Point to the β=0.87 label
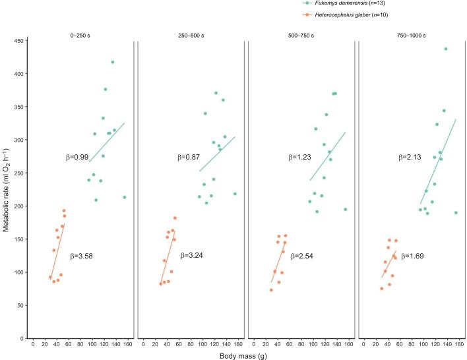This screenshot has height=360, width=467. pos(188,158)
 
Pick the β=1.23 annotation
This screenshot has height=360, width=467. pos(299,158)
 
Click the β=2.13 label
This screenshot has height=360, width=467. pos(410,158)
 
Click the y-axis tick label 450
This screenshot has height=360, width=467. pos(16,41)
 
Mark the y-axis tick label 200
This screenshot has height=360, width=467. pos(16,206)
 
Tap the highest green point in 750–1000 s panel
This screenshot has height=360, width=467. pos(445,49)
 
